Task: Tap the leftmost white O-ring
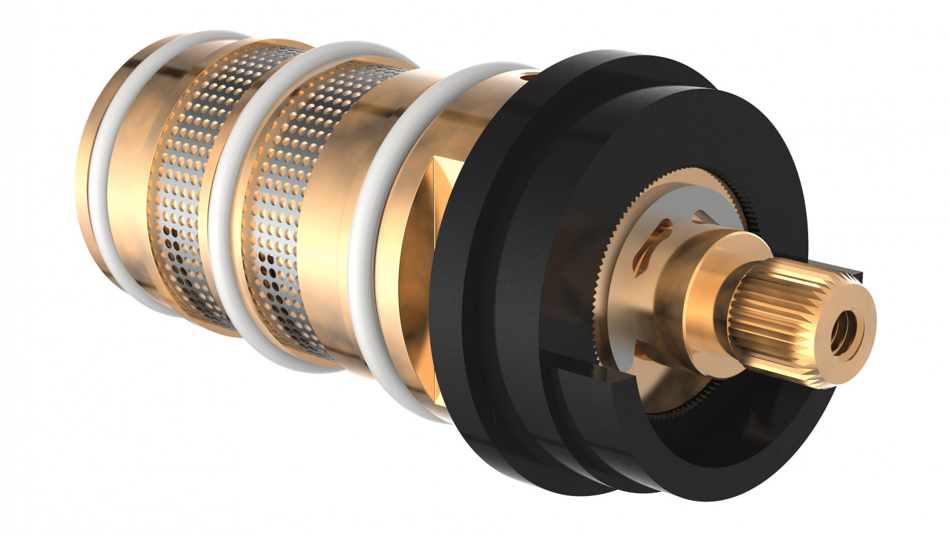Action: pyautogui.click(x=102, y=176)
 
